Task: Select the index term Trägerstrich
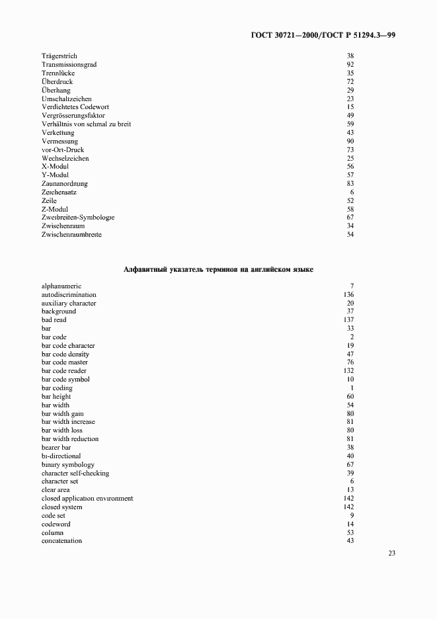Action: click(60, 56)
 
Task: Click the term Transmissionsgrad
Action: click(68, 65)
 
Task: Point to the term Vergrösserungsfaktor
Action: click(73, 116)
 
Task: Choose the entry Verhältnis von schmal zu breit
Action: click(87, 124)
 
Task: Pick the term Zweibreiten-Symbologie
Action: click(78, 218)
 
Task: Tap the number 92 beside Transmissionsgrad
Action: click(350, 65)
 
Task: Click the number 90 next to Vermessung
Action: click(350, 142)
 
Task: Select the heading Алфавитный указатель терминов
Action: click(218, 270)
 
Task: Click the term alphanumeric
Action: click(61, 286)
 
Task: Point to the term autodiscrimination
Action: click(69, 295)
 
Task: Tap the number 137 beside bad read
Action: click(349, 320)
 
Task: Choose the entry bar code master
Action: click(65, 362)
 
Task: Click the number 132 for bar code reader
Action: click(349, 371)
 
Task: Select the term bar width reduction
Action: click(70, 439)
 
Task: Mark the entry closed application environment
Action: click(87, 499)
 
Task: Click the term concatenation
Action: click(61, 541)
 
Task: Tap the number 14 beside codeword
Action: click(350, 524)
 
